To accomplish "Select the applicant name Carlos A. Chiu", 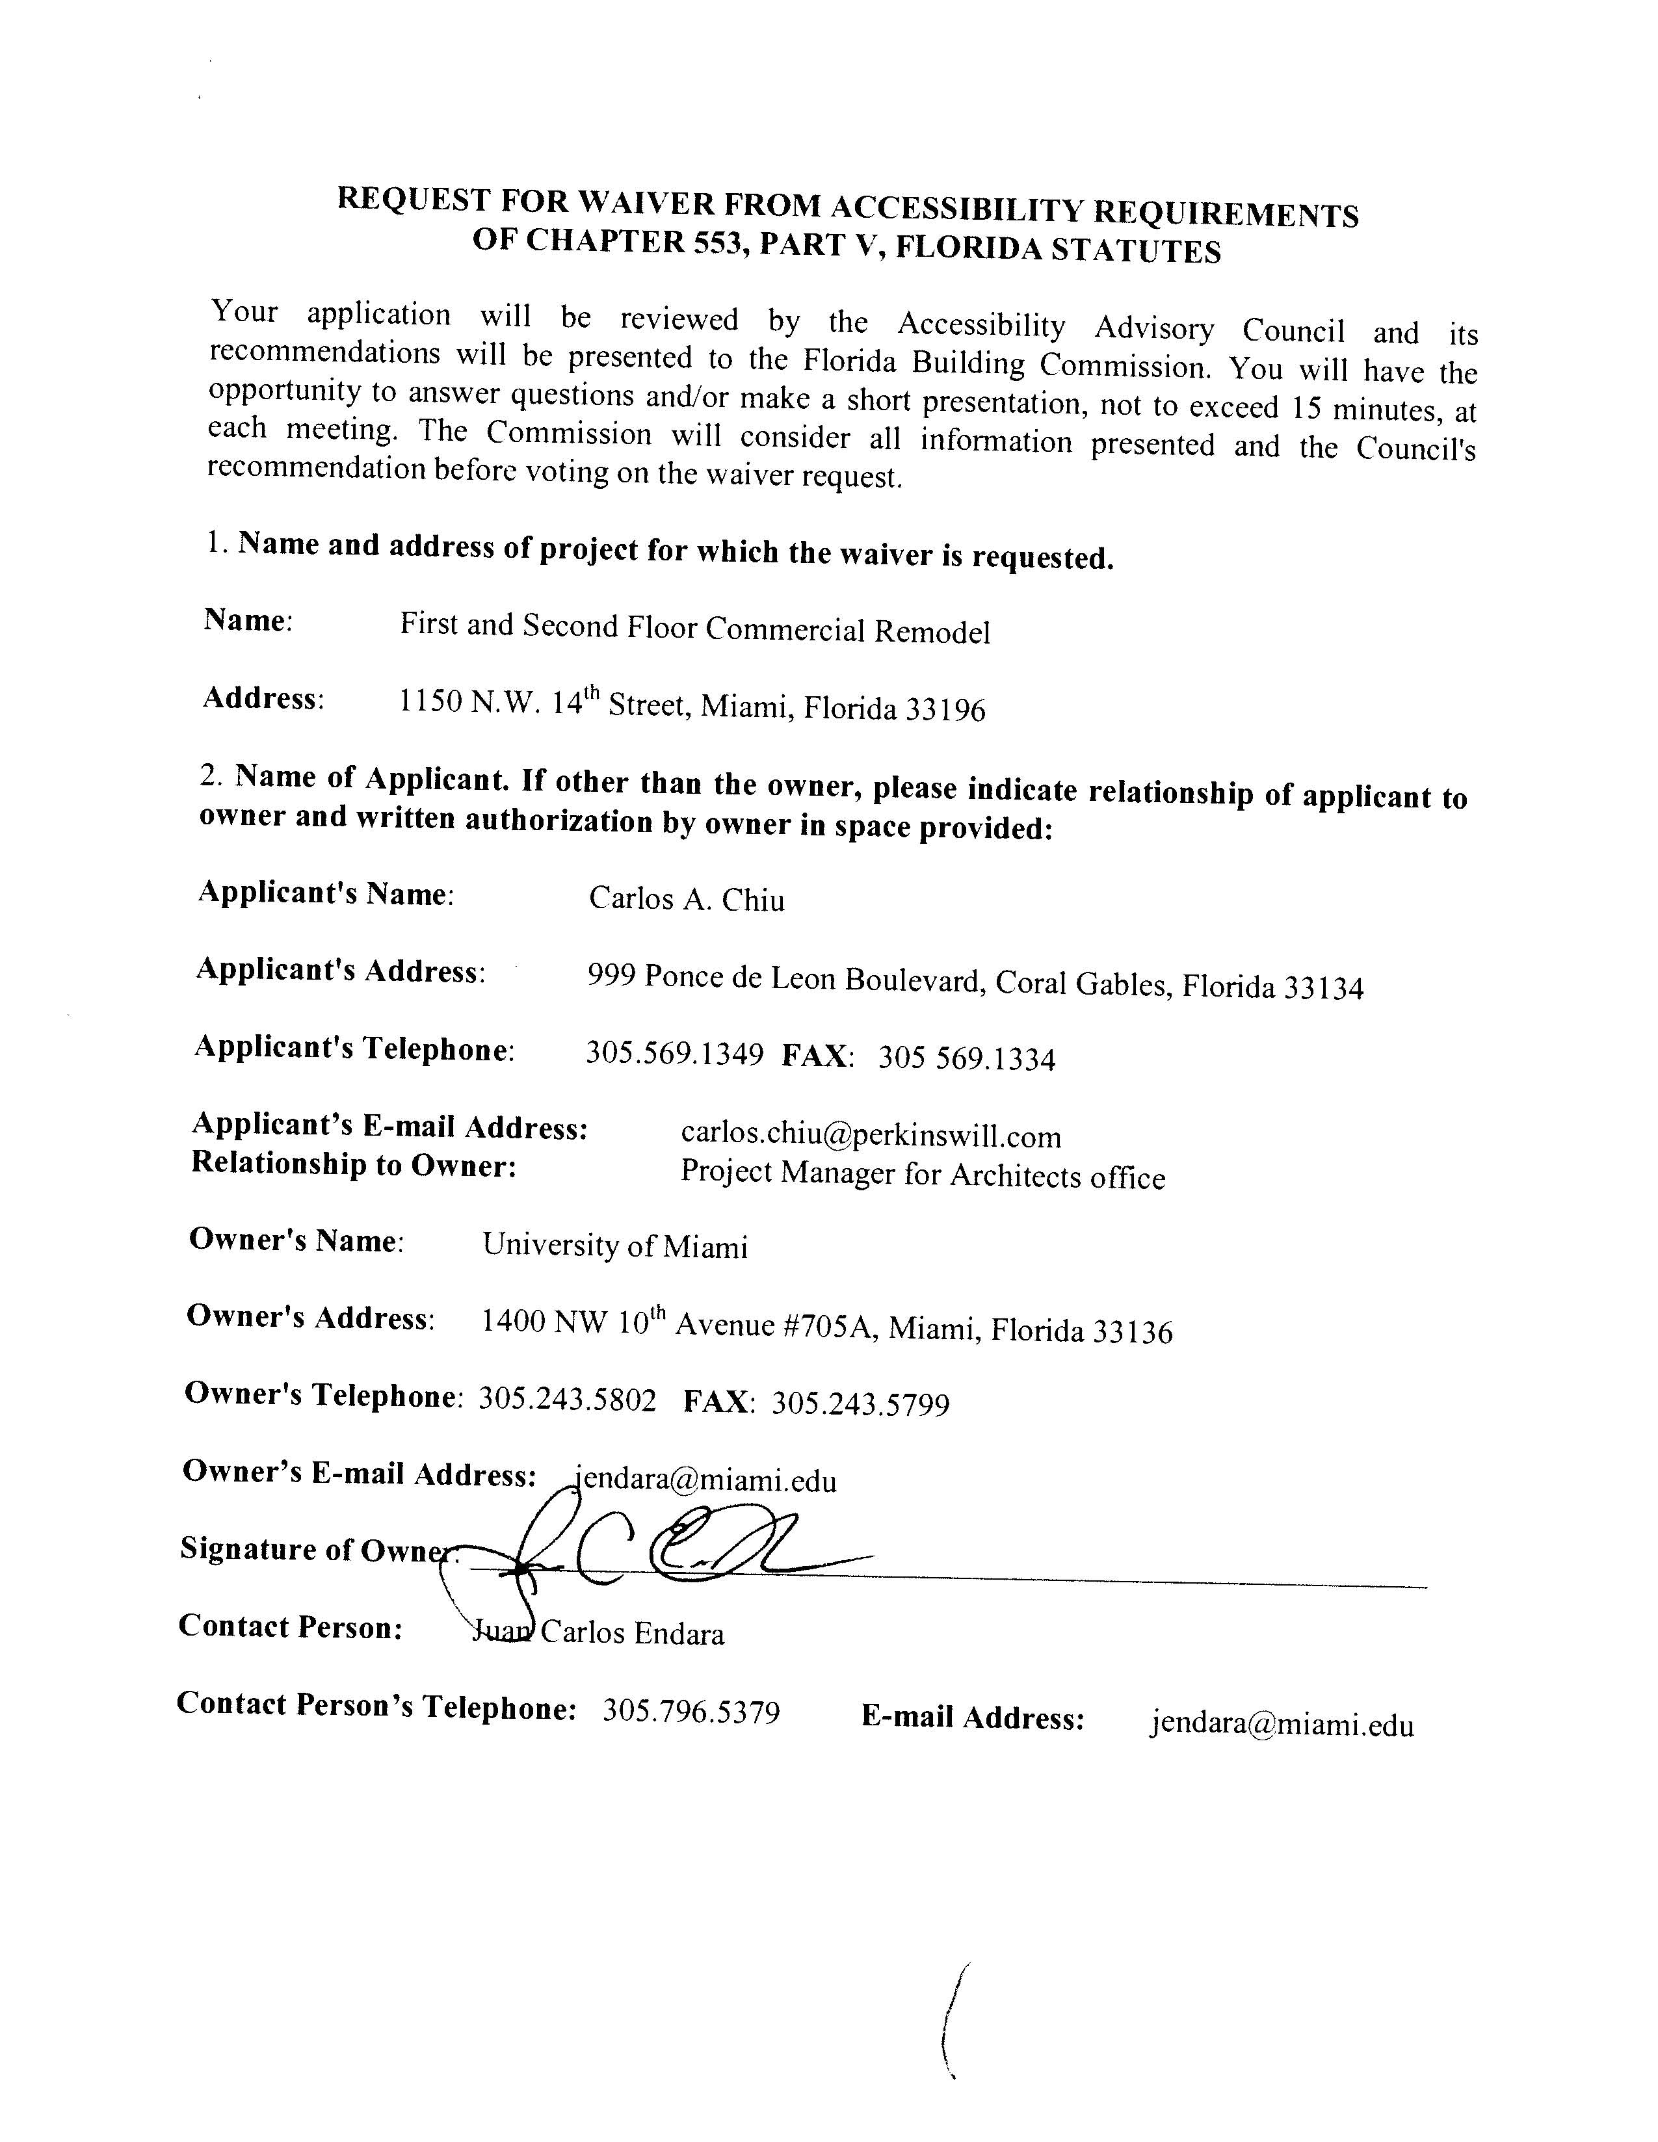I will [686, 899].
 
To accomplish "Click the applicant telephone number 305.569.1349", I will [674, 1054].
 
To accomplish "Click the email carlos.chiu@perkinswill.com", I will [870, 1136].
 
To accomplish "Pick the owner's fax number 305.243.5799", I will [860, 1404].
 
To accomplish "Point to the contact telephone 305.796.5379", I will [691, 1712].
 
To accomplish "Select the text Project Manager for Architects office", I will [922, 1175].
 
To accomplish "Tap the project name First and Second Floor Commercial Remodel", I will [694, 629].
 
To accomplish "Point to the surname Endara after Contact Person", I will [679, 1634].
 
